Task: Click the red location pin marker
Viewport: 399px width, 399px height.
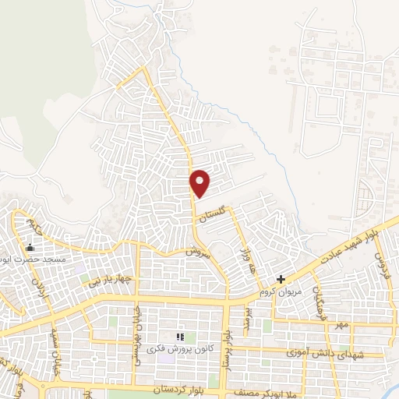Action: tap(200, 182)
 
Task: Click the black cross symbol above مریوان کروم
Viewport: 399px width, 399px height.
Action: tap(282, 279)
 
